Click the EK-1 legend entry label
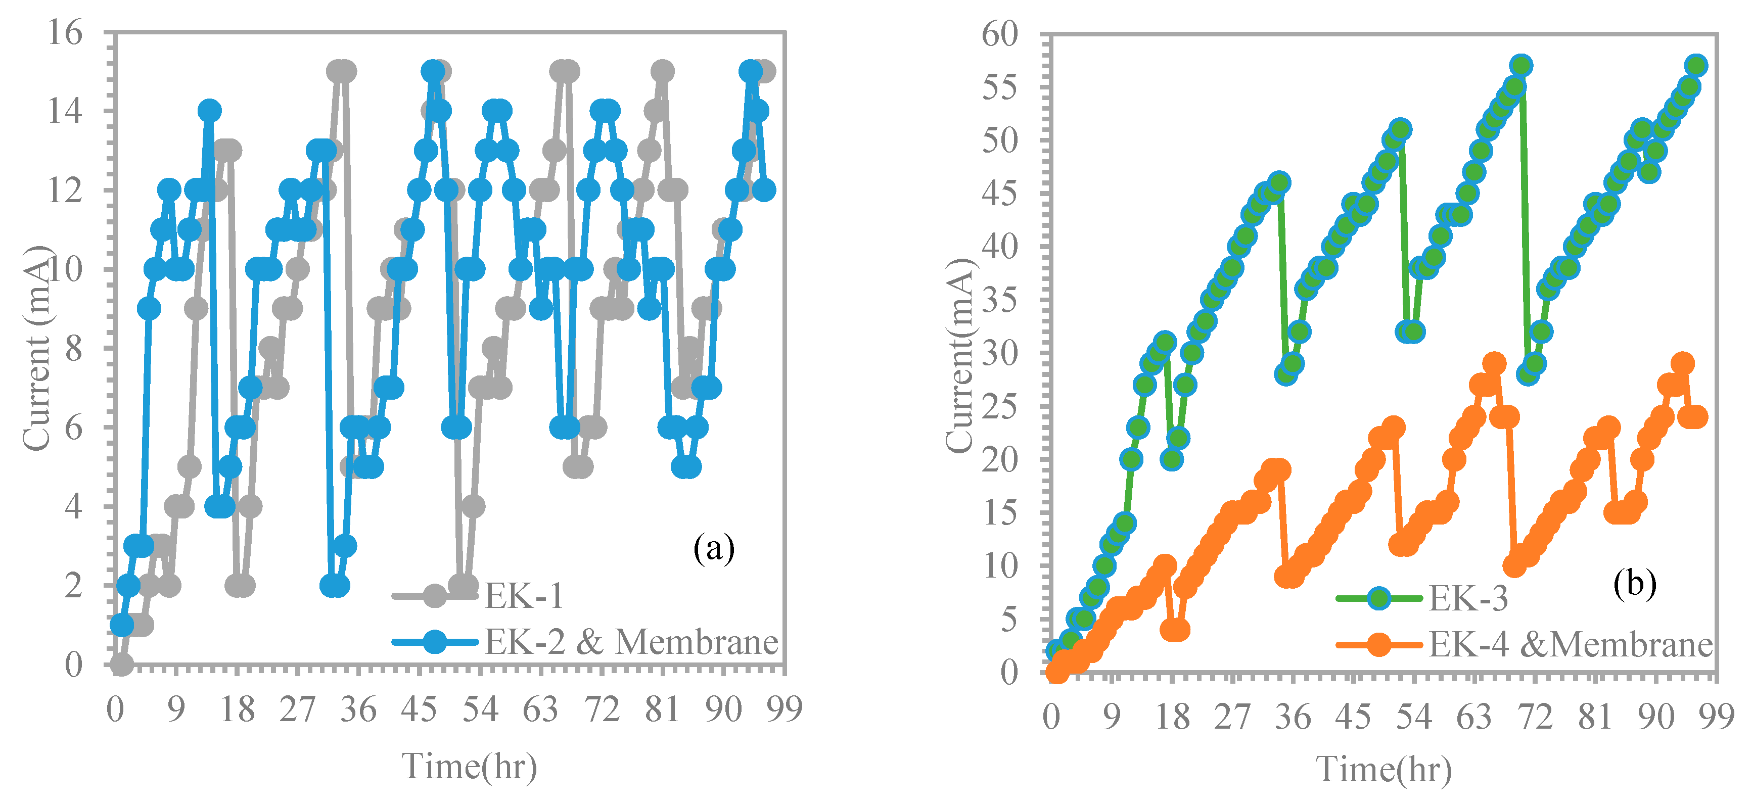click(x=524, y=596)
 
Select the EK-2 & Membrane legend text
click(x=630, y=641)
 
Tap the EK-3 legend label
click(x=1468, y=598)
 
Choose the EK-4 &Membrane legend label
click(x=1570, y=644)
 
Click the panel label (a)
click(x=713, y=548)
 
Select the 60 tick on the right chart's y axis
click(x=1000, y=34)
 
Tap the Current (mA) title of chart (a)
click(x=37, y=348)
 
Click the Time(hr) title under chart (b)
click(x=1384, y=769)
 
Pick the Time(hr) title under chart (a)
click(x=469, y=767)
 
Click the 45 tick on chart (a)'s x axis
click(x=418, y=710)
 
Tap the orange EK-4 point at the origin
click(x=1055, y=672)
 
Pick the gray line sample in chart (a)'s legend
click(x=435, y=596)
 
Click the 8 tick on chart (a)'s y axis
click(x=73, y=348)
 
